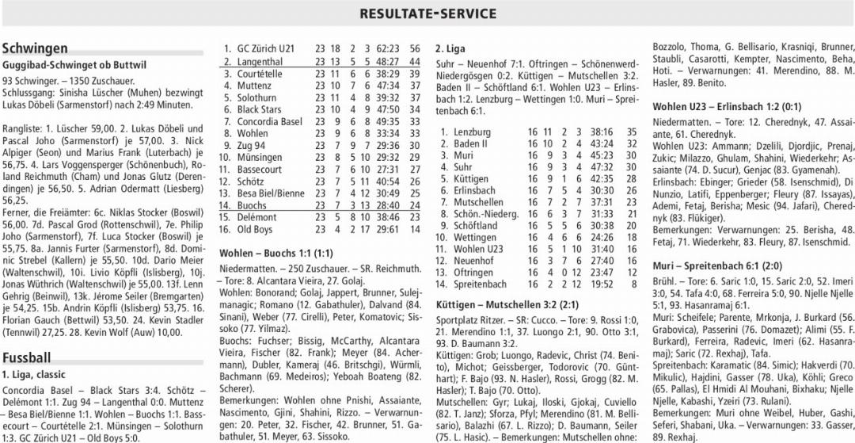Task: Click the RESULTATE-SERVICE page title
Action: tap(427, 13)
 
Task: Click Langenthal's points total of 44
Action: tap(414, 61)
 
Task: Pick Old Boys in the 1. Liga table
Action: tap(255, 230)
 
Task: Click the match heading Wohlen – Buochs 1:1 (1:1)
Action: tap(275, 253)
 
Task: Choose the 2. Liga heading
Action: tap(450, 48)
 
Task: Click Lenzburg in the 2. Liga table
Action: tap(472, 132)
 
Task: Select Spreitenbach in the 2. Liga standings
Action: tap(480, 284)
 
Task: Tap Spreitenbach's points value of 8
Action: tap(633, 284)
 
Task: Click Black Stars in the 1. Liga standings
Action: tap(259, 109)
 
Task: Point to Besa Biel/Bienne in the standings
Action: tap(270, 193)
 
